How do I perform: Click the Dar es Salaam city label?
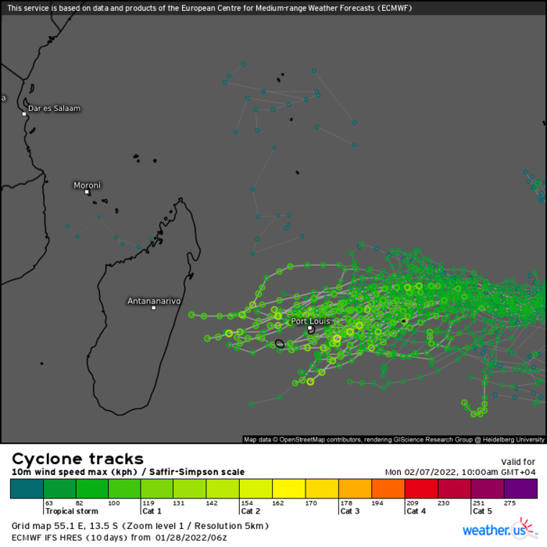[54, 108]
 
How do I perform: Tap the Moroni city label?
[87, 185]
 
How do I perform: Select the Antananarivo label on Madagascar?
[154, 300]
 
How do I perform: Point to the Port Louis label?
[310, 320]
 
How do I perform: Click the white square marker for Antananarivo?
[154, 308]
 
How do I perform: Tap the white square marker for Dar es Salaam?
[24, 114]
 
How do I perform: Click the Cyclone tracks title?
[77, 459]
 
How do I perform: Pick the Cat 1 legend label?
[151, 510]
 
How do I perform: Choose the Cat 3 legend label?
[348, 510]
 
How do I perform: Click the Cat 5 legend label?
[481, 510]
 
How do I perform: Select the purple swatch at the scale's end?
[520, 488]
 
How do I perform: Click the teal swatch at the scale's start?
[27, 488]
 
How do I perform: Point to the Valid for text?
[517, 462]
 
